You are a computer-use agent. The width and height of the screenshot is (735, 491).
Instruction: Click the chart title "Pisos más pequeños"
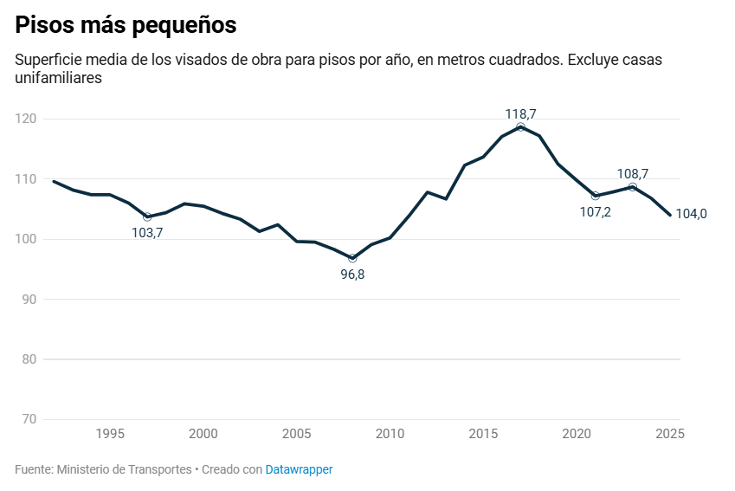126,26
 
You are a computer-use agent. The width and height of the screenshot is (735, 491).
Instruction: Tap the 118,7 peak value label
520,113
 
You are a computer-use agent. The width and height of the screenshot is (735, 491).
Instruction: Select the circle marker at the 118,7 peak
520,127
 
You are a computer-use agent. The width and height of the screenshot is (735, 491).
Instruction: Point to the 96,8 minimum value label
352,275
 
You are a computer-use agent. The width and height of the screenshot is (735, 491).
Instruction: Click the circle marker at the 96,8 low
352,258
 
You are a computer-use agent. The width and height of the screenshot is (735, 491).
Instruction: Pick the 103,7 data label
147,233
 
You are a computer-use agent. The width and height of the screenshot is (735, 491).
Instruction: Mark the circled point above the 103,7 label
147,216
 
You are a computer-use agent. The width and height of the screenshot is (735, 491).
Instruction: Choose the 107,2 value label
595,212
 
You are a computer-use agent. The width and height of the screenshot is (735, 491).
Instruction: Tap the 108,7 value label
633,173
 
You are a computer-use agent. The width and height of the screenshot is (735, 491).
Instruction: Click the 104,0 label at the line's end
691,214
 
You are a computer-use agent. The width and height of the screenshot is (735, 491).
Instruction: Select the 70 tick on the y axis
29,419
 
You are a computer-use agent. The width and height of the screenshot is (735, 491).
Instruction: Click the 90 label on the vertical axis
29,299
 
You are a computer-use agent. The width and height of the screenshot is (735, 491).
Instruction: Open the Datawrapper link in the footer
299,469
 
